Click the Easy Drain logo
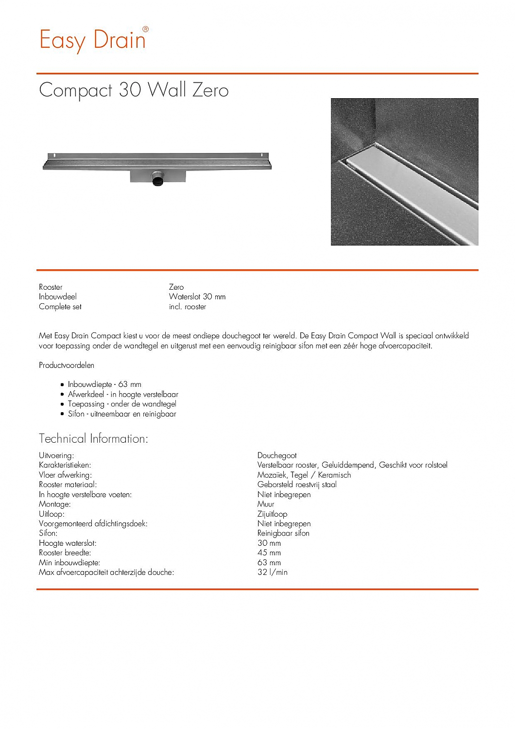[93, 39]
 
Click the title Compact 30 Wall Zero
[134, 90]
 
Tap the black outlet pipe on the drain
[158, 180]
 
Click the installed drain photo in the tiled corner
[404, 172]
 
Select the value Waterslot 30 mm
[197, 296]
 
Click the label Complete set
[60, 307]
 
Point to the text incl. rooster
[188, 307]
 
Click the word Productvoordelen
[67, 365]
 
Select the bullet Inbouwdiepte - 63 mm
[104, 384]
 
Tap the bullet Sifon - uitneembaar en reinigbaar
[122, 414]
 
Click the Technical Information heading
[93, 438]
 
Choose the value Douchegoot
[277, 455]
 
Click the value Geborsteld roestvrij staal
[297, 485]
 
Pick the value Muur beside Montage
[266, 504]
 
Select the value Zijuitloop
[272, 514]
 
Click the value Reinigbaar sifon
[283, 533]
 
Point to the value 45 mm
[269, 553]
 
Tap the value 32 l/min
[273, 573]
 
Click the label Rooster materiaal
[68, 485]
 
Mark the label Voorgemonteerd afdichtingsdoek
[93, 523]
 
